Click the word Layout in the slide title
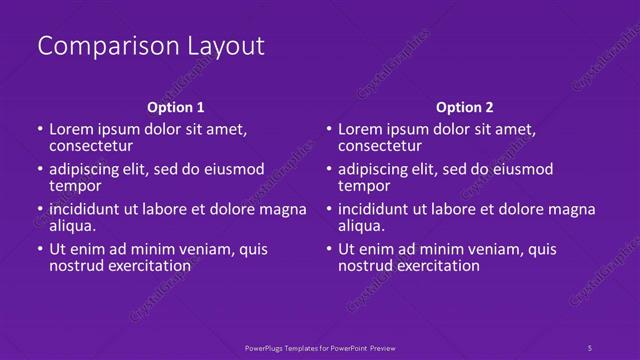click(225, 46)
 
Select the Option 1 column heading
click(176, 107)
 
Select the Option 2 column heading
click(464, 107)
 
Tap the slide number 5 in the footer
click(589, 347)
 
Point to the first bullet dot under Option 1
click(39, 130)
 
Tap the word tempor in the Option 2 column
click(363, 185)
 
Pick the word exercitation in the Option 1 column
click(147, 265)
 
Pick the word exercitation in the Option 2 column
click(435, 265)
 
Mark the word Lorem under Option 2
click(360, 129)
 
